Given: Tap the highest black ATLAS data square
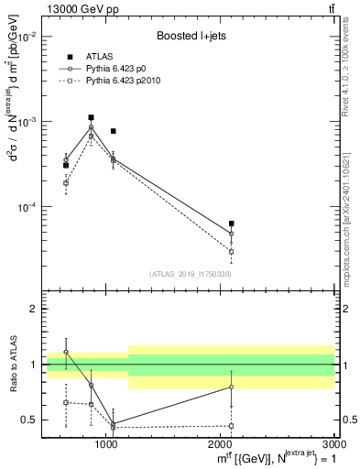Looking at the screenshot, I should (x=91, y=117).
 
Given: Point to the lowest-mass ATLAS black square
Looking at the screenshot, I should (x=66, y=165).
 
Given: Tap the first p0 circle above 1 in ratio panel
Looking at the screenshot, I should (x=66, y=352).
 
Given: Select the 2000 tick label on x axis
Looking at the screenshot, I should (x=221, y=444).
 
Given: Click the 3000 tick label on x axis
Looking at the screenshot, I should (x=333, y=444).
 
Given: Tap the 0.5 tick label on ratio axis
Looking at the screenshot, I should (x=30, y=420).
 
